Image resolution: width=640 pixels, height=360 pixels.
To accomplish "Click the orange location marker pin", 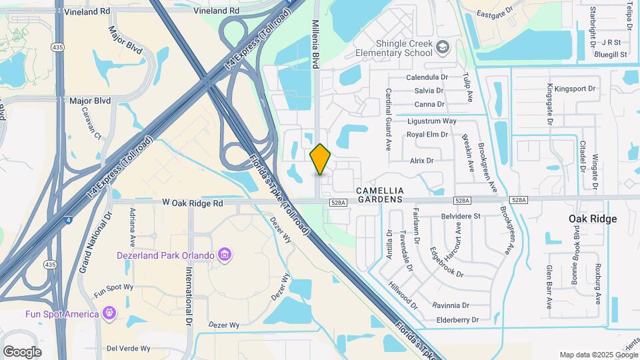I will point(321,159).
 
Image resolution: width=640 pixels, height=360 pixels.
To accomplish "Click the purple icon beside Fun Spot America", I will point(109,313).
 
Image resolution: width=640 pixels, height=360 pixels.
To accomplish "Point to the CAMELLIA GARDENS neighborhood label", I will point(381,194).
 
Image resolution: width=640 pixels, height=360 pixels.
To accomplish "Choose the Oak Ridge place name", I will point(592,219).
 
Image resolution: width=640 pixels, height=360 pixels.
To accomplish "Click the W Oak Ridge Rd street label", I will point(192,203).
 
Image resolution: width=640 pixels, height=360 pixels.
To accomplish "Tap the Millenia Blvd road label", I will point(316,43).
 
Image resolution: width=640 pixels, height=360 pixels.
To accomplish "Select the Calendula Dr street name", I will point(427,77).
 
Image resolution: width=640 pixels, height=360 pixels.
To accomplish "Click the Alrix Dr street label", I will point(422,161).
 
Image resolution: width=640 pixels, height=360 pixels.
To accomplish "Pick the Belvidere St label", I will point(461,216).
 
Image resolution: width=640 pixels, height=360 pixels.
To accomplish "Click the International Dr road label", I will point(189,292).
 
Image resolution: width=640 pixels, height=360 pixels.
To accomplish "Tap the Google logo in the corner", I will point(22,351).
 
